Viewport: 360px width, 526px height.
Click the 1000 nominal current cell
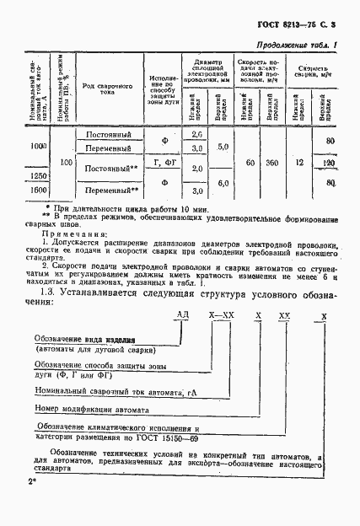pos(37,146)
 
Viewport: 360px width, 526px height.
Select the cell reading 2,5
pos(197,135)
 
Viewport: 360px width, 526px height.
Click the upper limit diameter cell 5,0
pos(223,146)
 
